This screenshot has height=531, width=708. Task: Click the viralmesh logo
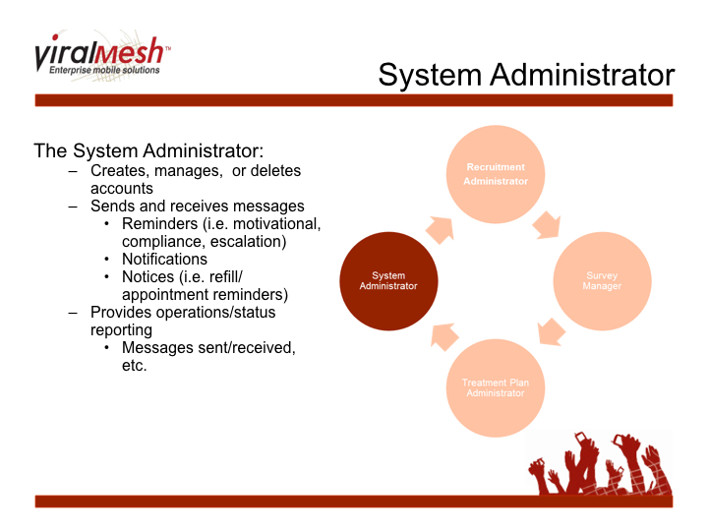101,57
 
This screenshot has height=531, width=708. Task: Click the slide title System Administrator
526,76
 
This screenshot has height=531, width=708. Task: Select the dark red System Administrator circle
388,280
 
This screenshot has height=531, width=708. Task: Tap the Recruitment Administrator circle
497,174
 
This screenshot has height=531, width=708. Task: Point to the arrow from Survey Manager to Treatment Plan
552,331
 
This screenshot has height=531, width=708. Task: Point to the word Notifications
164,260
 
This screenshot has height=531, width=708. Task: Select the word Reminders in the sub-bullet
159,224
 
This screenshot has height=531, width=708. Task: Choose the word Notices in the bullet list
147,277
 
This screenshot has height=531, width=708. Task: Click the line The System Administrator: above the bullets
148,151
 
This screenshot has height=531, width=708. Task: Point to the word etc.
134,366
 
